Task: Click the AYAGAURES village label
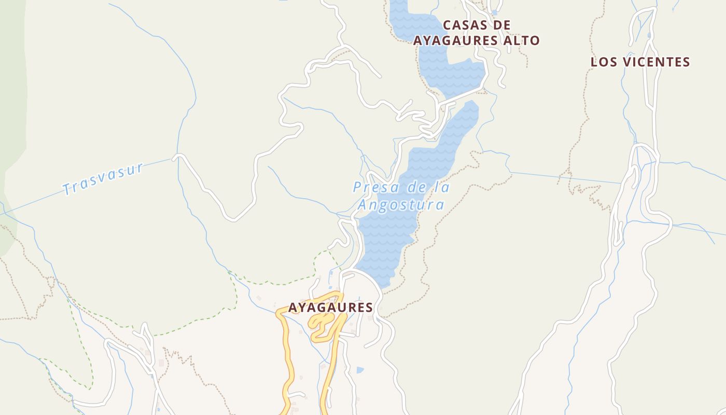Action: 330,308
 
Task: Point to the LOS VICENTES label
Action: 640,62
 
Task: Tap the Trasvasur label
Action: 103,179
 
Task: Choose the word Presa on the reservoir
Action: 372,187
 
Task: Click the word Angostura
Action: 401,205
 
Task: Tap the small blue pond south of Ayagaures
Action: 360,370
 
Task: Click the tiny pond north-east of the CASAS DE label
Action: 495,12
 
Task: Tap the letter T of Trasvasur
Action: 67,189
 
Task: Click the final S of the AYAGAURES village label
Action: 369,308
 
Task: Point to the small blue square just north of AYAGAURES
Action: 331,287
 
